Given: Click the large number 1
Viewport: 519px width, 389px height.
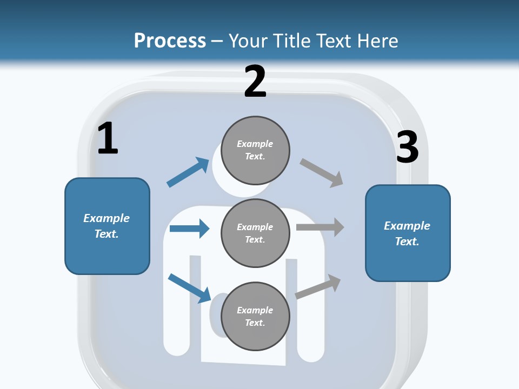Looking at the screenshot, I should pos(108,139).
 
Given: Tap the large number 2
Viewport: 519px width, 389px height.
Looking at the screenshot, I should pos(255,82).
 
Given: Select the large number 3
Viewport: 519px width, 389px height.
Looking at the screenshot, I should pos(407,147).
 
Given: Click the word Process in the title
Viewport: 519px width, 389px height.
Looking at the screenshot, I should pos(170,41).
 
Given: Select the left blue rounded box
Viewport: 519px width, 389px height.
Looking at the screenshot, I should pos(107,226).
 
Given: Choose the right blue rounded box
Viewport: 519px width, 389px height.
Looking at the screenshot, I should pos(408,233).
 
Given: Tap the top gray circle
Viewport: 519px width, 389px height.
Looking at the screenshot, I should pos(255,150).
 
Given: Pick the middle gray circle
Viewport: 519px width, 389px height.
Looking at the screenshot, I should pos(255,233).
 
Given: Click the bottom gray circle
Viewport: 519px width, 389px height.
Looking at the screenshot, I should pos(255,316).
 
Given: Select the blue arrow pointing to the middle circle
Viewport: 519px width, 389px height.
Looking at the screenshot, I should pos(189,229).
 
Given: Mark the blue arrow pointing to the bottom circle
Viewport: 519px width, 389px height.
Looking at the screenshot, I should pos(189,287).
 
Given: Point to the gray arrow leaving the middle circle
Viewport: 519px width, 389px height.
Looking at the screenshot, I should pos(320,227).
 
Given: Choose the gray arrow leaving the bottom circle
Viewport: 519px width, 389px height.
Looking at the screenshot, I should pos(318,287).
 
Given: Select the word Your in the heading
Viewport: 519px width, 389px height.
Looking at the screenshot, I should pos(249,41).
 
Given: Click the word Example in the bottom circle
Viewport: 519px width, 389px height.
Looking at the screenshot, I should pos(255,310).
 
